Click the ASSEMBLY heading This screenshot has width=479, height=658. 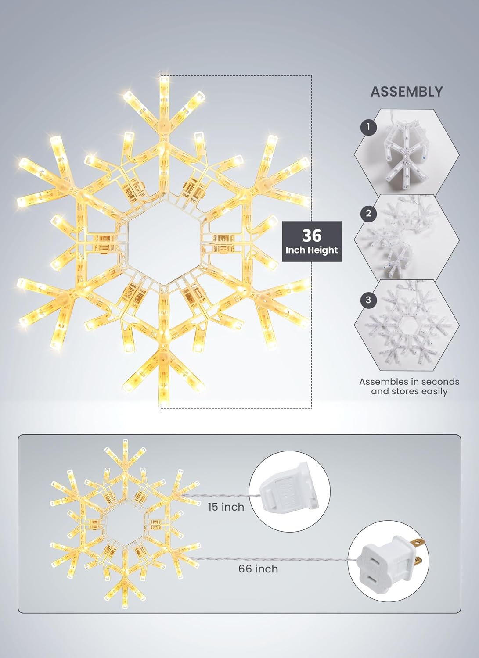(407, 92)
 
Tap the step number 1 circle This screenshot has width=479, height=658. (368, 128)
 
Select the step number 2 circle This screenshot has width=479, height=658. (368, 214)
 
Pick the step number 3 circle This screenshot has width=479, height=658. (368, 300)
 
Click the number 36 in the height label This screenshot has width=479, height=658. (311, 236)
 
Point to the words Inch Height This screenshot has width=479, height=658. (311, 250)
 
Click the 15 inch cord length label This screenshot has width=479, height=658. (226, 507)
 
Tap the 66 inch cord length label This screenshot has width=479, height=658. (258, 569)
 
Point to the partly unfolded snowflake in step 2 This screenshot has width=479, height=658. (402, 239)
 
